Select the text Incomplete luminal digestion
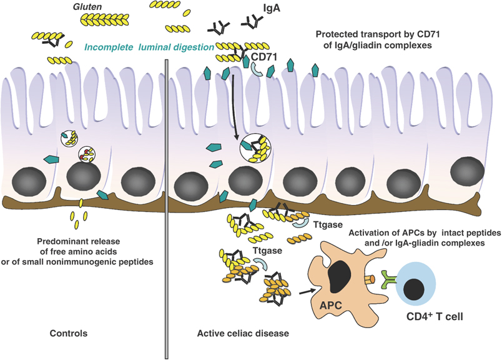tap(148, 46)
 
